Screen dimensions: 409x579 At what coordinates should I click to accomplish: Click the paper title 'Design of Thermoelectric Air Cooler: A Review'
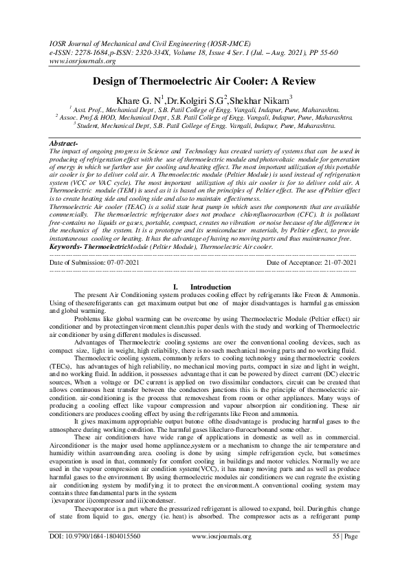tap(204, 81)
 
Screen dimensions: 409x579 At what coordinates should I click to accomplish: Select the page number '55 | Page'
tap(344, 555)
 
